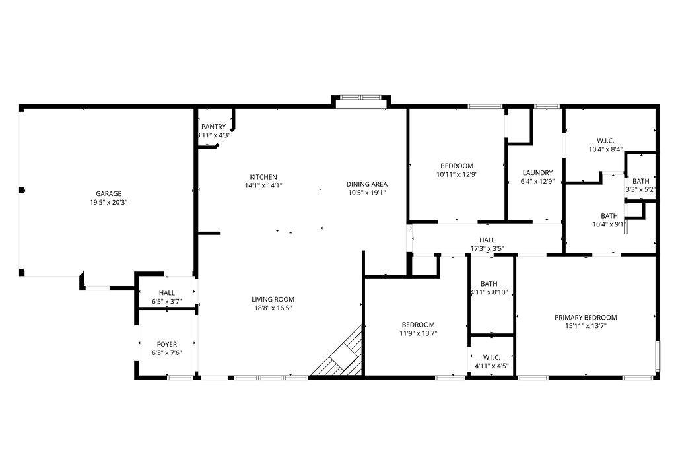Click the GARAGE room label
tap(108, 193)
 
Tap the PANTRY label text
tap(213, 127)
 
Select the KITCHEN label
tap(263, 177)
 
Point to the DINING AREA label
tap(367, 184)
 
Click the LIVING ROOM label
tap(273, 299)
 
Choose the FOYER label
tap(166, 344)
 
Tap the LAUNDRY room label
tap(537, 173)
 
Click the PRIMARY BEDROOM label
tap(586, 318)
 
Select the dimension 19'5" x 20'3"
tap(108, 202)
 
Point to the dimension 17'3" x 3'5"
tap(487, 249)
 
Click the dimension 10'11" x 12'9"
tap(456, 174)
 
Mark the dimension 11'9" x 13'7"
tap(419, 333)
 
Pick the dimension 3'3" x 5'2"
tap(640, 190)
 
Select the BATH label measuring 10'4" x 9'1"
tap(609, 216)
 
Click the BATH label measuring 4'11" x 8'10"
tap(489, 284)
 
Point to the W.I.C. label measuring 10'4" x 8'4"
tap(605, 141)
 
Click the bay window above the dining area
tap(360, 101)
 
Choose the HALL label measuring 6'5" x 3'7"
tap(166, 292)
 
